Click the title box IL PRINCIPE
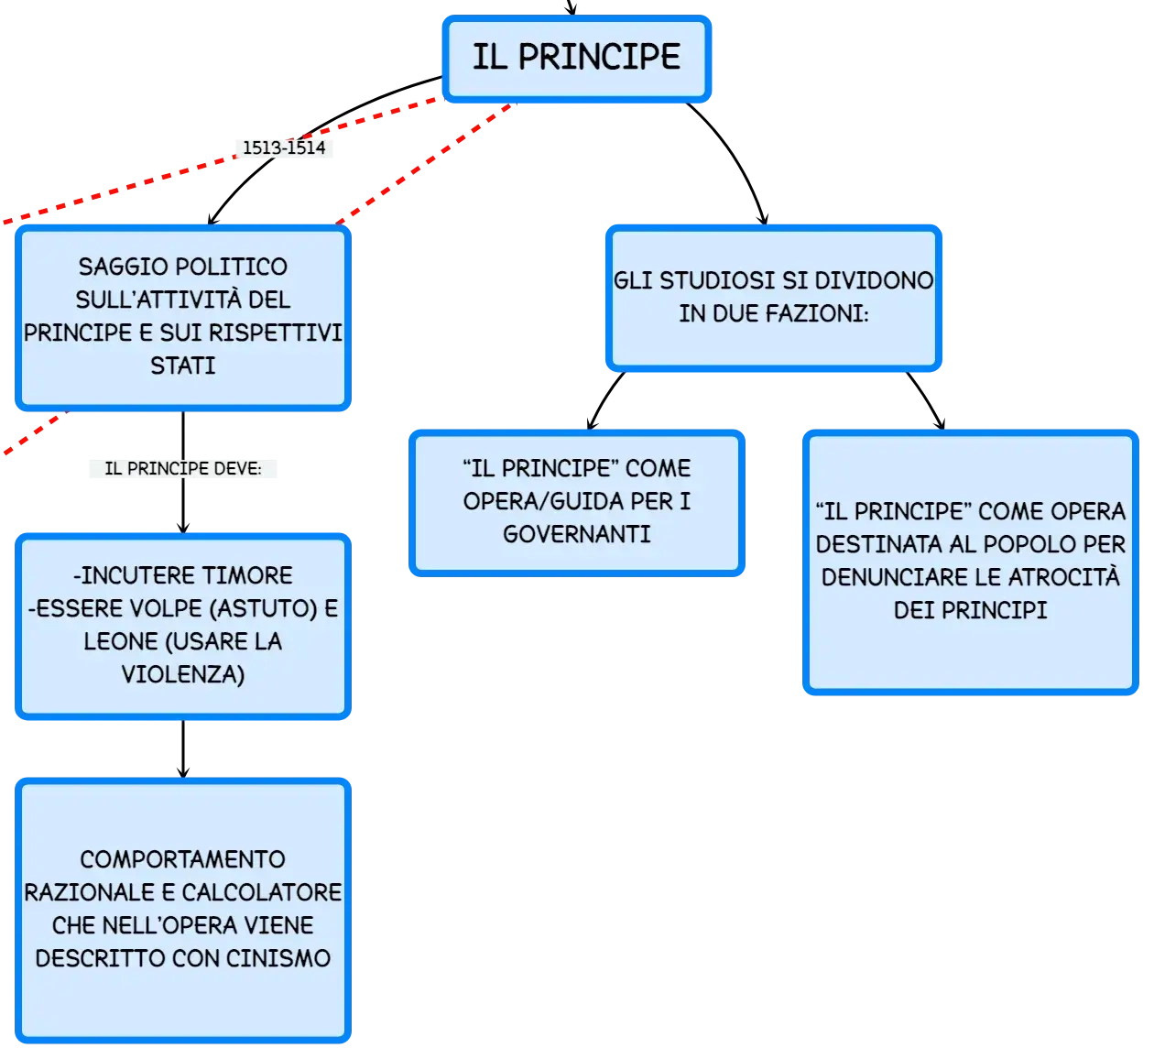(576, 59)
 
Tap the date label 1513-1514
(284, 147)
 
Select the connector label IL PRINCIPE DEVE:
(183, 468)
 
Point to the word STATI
(183, 366)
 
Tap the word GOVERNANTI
(577, 534)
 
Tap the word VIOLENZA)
(183, 674)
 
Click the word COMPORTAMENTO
(183, 859)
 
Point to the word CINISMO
(278, 958)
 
